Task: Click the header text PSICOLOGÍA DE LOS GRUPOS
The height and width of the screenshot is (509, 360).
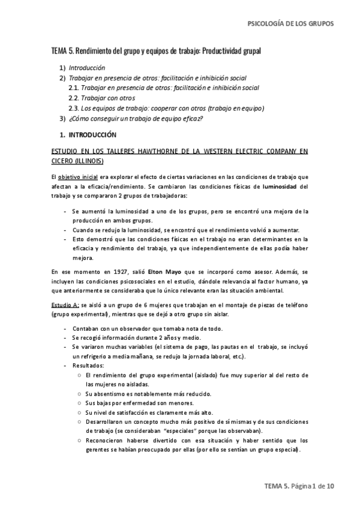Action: [290, 24]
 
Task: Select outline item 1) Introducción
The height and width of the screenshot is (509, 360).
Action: [86, 68]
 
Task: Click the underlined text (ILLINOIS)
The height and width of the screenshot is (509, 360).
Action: [88, 161]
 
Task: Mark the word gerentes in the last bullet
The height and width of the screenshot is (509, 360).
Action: [100, 450]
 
